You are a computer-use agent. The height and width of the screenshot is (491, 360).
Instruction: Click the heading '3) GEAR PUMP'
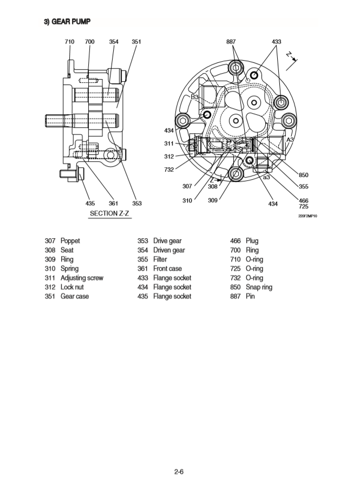click(67, 22)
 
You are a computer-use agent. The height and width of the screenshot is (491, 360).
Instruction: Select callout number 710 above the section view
click(69, 42)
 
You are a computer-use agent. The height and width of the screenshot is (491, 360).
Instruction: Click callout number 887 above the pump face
click(231, 42)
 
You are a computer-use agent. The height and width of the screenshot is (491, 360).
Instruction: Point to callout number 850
click(303, 175)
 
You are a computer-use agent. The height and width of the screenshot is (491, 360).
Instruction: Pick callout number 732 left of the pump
click(169, 169)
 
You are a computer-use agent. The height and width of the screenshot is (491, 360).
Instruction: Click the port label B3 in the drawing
click(195, 97)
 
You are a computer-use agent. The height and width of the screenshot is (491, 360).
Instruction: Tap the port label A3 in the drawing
click(290, 140)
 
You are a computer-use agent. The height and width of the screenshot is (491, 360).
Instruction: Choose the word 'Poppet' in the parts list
click(70, 241)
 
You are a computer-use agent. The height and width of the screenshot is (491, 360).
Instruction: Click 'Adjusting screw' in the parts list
click(82, 278)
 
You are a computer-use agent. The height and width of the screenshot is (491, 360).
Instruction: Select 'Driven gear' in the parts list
click(169, 250)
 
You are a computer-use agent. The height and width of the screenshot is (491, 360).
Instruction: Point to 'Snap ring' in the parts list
click(259, 287)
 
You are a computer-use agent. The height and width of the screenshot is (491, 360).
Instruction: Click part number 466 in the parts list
click(236, 241)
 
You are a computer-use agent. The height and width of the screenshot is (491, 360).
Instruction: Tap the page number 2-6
click(180, 472)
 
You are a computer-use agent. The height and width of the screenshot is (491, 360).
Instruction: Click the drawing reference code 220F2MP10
click(307, 216)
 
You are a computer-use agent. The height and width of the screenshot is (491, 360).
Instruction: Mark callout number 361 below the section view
click(114, 204)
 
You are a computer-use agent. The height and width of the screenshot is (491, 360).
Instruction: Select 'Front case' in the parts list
click(167, 269)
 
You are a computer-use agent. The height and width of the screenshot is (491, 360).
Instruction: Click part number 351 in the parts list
click(51, 296)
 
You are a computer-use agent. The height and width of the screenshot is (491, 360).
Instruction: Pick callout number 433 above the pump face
click(276, 42)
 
